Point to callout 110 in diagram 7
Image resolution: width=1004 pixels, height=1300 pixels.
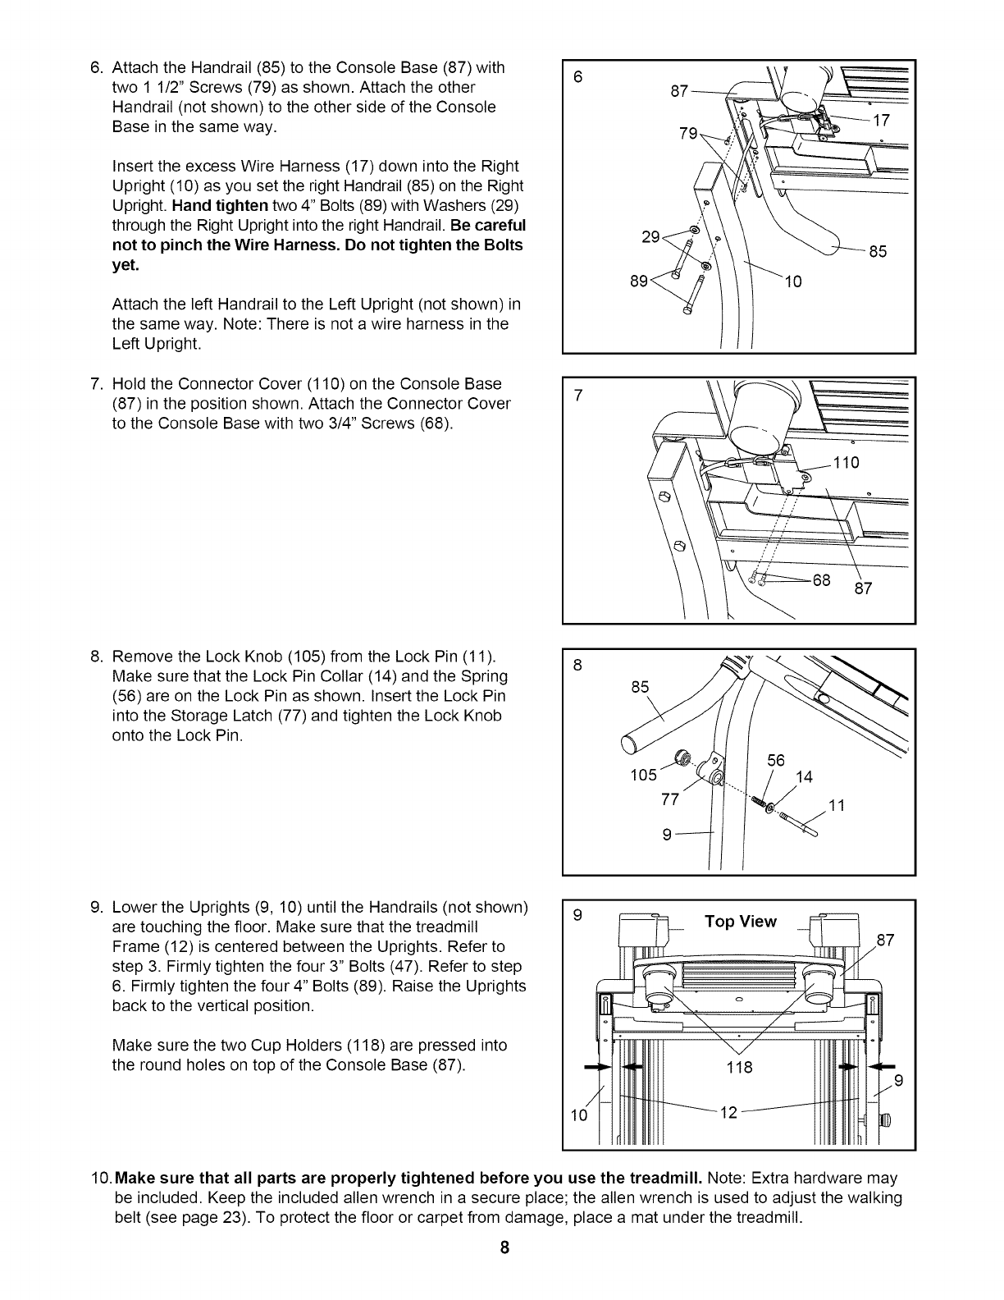point(846,463)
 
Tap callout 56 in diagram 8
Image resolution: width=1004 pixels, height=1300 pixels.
point(776,761)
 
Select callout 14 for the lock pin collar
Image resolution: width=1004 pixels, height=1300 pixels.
point(804,776)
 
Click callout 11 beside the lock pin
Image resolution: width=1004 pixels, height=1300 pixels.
point(837,805)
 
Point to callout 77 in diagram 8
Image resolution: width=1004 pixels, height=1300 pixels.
point(669,799)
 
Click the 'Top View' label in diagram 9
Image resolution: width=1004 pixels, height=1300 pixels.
point(740,922)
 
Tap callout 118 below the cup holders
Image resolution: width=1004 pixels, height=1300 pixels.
point(741,1067)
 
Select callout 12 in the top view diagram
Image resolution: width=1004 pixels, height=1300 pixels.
point(728,1112)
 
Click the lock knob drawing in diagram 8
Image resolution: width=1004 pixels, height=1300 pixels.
point(680,757)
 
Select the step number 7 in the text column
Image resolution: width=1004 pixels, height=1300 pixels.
point(94,384)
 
